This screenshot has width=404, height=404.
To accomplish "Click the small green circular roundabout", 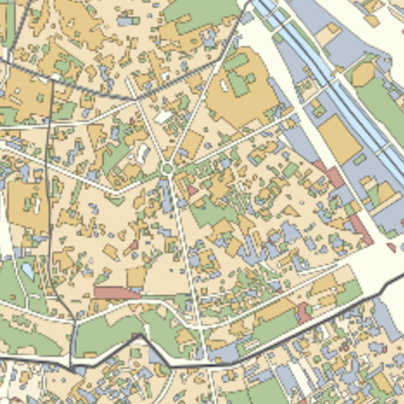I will tap(167, 168).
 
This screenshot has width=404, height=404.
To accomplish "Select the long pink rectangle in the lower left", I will tap(117, 293).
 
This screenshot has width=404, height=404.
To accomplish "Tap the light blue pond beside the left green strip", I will tap(28, 271).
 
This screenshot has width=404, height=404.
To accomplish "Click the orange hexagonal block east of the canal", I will tap(363, 74).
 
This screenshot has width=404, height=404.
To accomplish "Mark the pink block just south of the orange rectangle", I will tap(331, 174).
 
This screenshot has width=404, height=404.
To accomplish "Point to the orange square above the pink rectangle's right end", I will tap(136, 277).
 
